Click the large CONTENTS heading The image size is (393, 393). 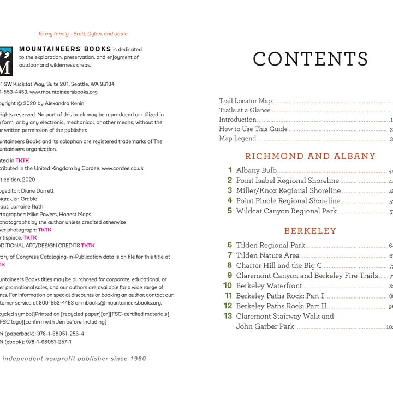pos(310,59)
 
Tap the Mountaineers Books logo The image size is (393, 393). pos(5,60)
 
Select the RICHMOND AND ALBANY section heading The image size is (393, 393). pos(310,156)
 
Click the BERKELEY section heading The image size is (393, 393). pos(310,231)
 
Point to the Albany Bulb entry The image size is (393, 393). pos(256,170)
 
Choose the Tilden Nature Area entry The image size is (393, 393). pos(267,255)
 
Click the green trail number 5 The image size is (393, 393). pos(230,211)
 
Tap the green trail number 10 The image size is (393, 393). pos(228,285)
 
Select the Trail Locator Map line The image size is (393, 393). pos(245,101)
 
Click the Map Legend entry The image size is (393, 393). pos(237,138)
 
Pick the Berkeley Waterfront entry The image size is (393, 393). pos(269,286)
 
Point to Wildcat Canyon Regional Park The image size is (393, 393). pos(286,211)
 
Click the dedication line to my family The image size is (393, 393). pos(82,34)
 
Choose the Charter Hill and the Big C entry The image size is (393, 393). pos(279,266)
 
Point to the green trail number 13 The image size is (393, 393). pos(228,316)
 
